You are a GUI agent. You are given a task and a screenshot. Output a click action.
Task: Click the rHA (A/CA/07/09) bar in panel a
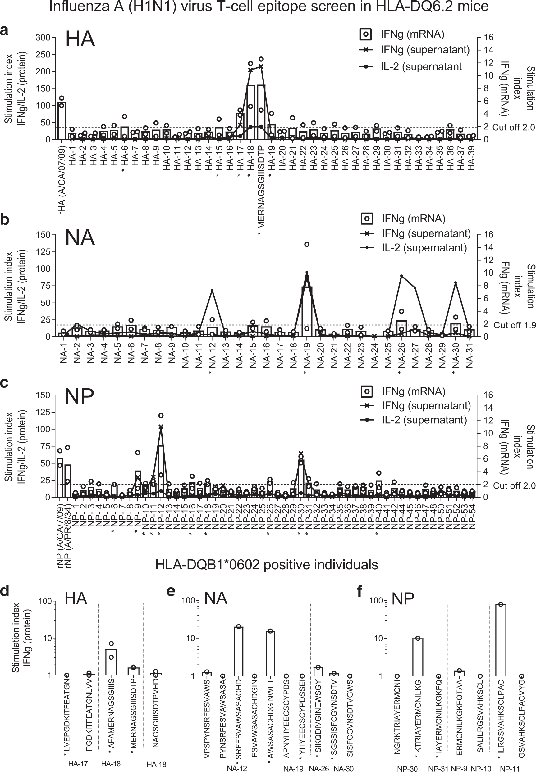62,121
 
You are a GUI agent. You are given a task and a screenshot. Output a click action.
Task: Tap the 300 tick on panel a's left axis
43,37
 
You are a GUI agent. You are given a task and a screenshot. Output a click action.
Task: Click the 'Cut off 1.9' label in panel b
514,325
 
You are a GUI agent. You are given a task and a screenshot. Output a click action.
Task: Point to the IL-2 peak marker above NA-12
212,290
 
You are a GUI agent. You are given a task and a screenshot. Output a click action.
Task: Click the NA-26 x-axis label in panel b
401,355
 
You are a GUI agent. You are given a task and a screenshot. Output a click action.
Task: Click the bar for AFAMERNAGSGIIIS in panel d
111,661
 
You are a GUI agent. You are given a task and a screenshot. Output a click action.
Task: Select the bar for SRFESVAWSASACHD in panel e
238,651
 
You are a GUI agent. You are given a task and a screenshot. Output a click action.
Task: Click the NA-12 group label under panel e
237,768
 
